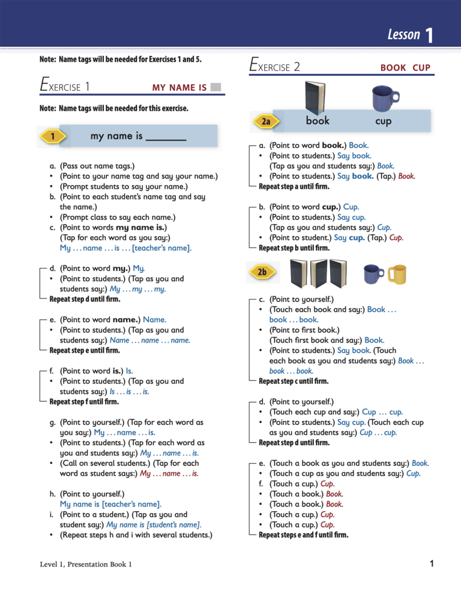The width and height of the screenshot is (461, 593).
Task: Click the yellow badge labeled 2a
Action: click(x=266, y=122)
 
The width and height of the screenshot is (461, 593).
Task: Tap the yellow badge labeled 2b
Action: click(x=262, y=272)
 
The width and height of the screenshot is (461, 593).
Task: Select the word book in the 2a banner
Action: click(x=318, y=121)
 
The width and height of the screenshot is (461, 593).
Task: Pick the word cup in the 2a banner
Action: click(x=383, y=121)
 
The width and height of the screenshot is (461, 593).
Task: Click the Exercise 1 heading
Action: click(x=64, y=86)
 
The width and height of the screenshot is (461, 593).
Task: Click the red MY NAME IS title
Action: click(x=179, y=88)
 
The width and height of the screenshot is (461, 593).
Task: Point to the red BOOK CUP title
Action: click(x=405, y=68)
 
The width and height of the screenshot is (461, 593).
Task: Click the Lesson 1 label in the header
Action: click(x=411, y=35)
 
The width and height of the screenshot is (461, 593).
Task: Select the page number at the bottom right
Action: click(x=432, y=564)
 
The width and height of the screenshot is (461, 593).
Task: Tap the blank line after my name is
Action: click(x=166, y=138)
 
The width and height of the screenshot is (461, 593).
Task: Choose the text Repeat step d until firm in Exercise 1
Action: click(x=85, y=299)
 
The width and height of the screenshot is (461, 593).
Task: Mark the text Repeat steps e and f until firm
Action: click(x=303, y=535)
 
